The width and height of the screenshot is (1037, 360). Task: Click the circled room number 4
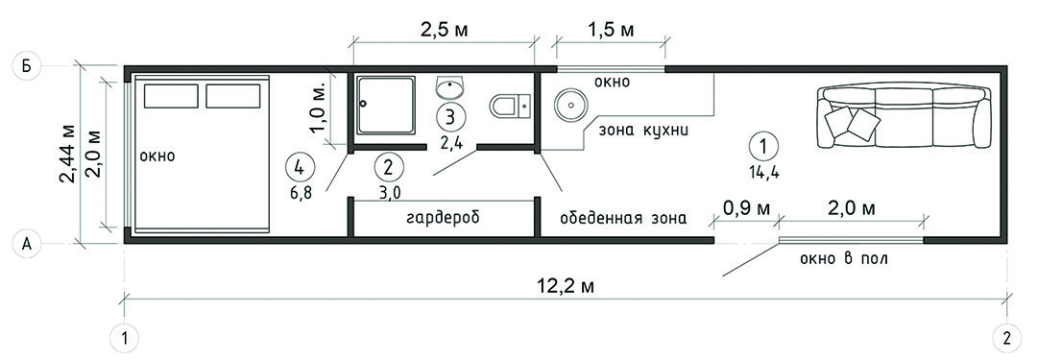299,167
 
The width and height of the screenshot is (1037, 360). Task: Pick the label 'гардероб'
442,217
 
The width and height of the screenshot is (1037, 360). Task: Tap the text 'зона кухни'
643,130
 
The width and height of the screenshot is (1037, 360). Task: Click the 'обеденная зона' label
623,218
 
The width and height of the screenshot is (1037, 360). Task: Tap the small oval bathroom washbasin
450,86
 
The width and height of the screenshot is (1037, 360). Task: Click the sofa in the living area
904,117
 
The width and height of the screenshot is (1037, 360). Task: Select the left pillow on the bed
171,96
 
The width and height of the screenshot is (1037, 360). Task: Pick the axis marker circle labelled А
27,244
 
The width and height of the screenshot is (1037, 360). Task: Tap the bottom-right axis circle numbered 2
1006,339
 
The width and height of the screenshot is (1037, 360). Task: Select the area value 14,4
764,174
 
